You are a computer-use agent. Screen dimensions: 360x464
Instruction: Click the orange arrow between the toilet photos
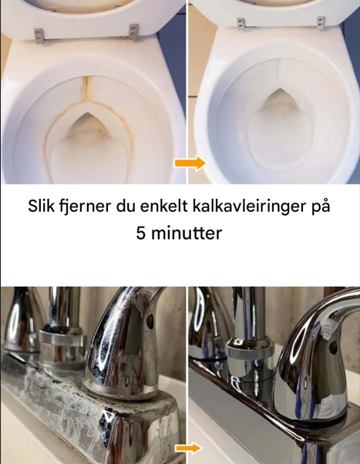pos(190,163)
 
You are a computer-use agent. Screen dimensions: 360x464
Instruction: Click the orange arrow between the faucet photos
pos(188,448)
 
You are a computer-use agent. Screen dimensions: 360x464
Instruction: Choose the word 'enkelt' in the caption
pos(163,207)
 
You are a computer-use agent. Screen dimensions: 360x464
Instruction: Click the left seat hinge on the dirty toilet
pos(39,36)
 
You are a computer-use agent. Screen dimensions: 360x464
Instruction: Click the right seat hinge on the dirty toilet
pos(134,32)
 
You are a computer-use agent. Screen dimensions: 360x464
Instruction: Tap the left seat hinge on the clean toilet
pos(241,24)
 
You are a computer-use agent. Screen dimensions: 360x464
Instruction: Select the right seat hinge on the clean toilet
pos(321,23)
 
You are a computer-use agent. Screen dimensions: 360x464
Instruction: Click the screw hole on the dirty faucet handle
pos(150,321)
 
